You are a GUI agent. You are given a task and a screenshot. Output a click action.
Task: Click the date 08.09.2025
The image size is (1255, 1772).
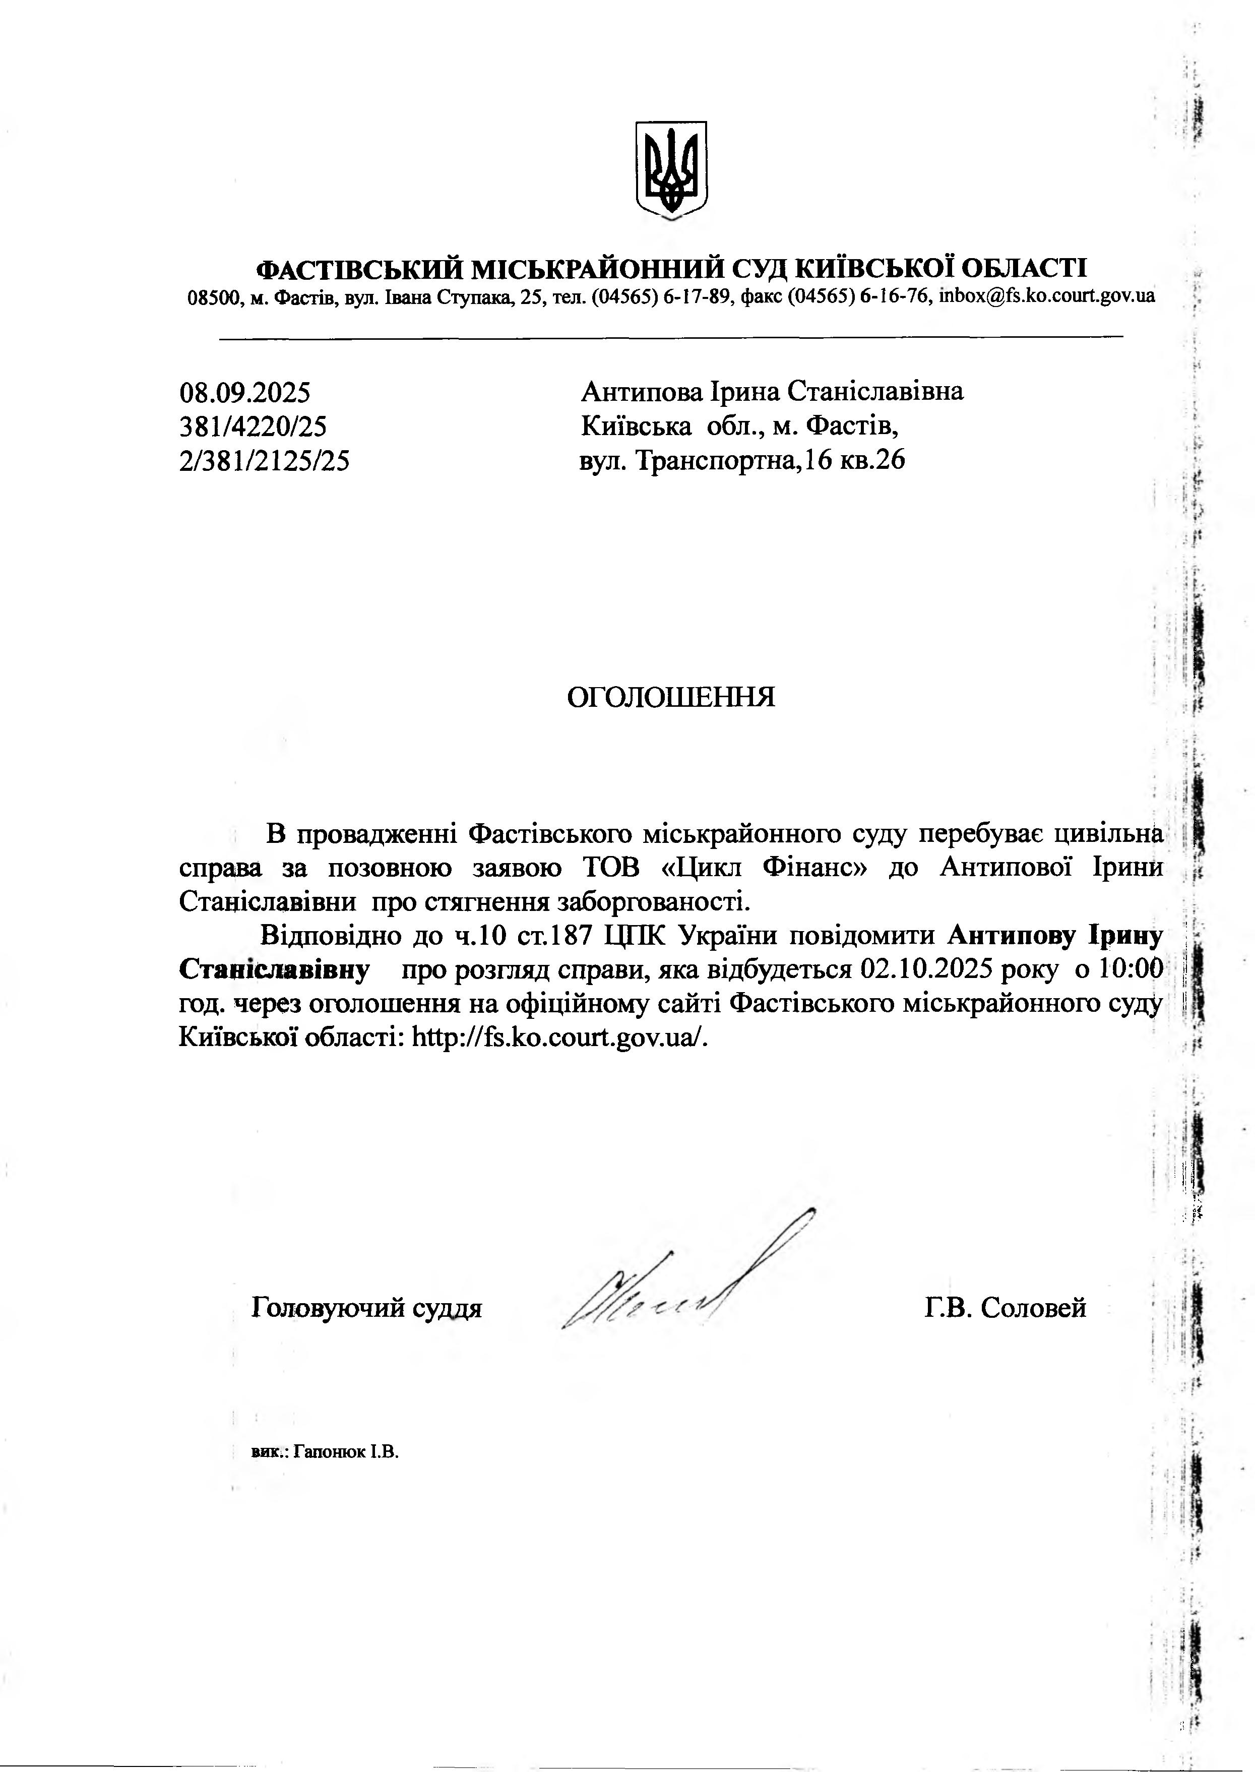(x=245, y=393)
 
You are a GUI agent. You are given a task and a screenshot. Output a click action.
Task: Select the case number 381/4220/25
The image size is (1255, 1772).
(x=253, y=426)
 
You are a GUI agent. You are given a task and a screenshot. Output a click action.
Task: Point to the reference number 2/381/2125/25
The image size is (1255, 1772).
(x=264, y=461)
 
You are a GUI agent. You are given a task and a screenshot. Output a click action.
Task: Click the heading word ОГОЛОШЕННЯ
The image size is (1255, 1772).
(x=671, y=697)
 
